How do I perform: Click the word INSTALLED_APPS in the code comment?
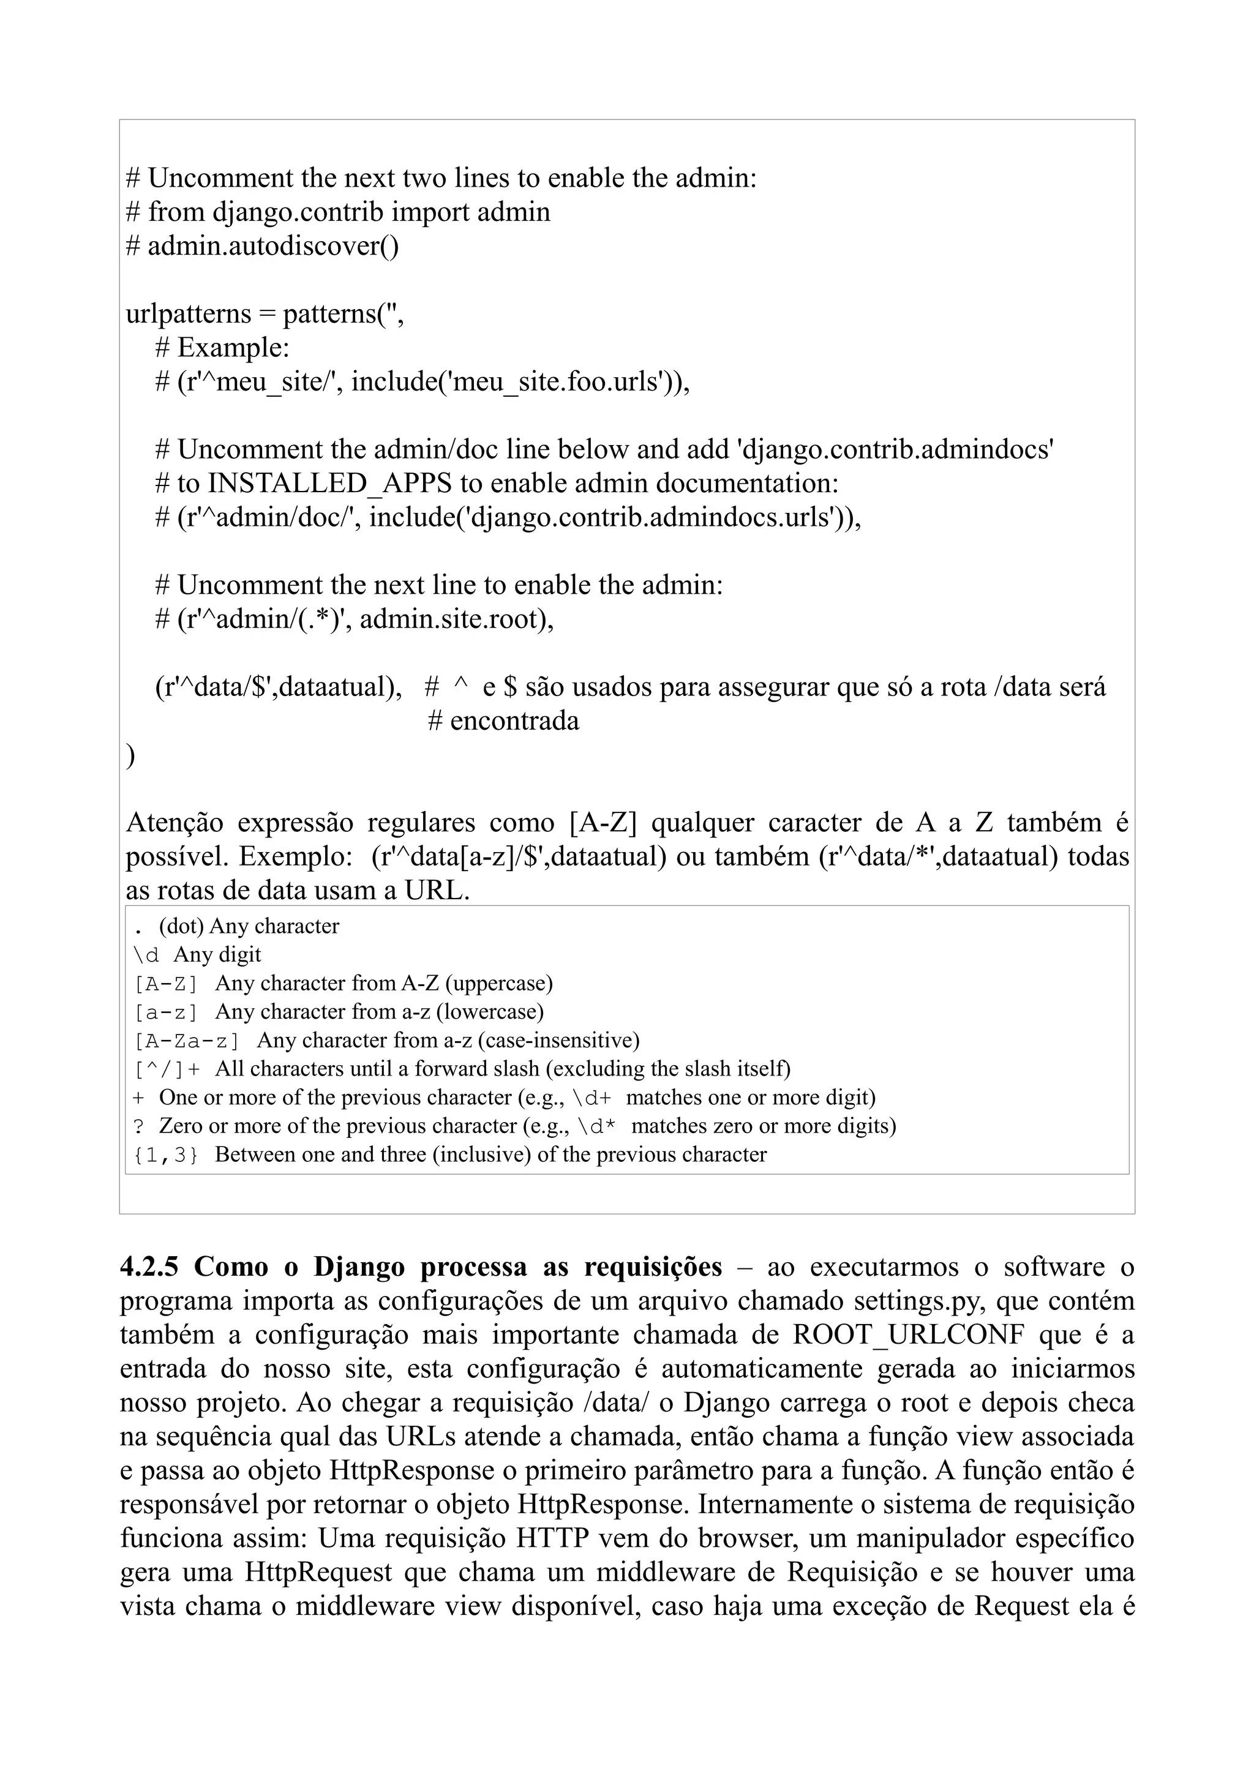(330, 484)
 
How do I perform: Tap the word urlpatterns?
(189, 315)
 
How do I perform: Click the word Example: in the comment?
(233, 348)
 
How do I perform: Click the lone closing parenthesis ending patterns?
(130, 755)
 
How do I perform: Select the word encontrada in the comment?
(514, 722)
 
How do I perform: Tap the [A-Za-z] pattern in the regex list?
(186, 1041)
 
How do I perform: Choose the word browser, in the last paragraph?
(748, 1539)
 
